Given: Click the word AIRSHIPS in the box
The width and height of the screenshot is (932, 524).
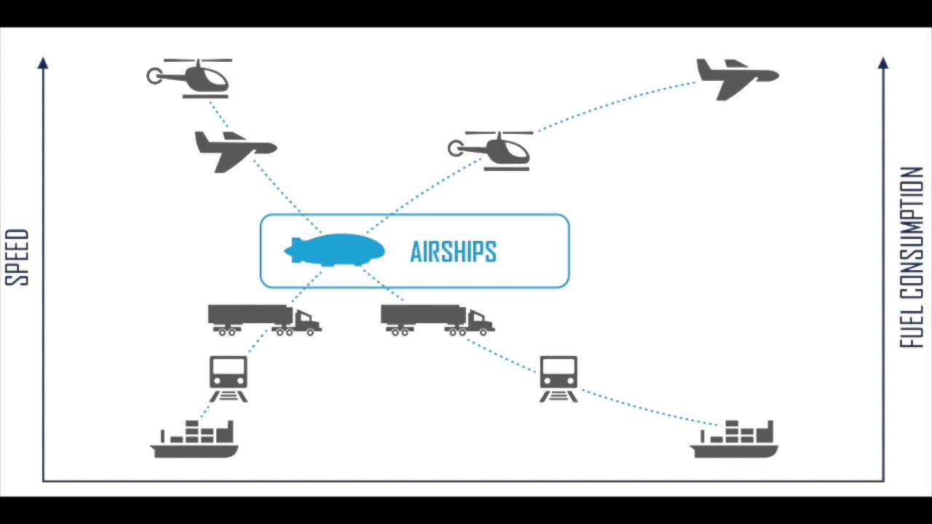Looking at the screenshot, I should (x=453, y=252).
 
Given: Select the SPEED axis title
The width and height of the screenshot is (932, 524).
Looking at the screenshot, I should (x=17, y=257).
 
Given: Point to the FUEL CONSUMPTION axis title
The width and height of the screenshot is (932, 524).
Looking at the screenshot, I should (x=912, y=258).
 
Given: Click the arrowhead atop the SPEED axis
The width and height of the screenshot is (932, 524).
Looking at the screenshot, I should (x=43, y=63).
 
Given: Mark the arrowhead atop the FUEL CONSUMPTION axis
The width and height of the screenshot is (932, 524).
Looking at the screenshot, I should (x=883, y=63).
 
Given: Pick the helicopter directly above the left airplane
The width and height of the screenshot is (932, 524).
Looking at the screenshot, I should (x=191, y=78).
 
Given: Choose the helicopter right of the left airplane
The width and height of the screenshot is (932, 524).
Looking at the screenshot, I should (x=491, y=151).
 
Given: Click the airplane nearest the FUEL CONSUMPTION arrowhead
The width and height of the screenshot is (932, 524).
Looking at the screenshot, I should (x=737, y=78).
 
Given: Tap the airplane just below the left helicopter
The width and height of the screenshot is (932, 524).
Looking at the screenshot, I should (x=234, y=150).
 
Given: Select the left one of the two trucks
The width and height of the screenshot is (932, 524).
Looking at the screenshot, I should (x=264, y=319).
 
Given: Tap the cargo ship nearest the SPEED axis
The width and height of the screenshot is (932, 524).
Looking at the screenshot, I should (x=194, y=440).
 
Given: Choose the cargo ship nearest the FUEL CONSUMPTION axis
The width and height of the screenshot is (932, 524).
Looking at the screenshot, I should (x=734, y=440).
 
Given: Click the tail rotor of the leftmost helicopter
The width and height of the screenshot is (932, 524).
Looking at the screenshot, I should (x=154, y=76).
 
